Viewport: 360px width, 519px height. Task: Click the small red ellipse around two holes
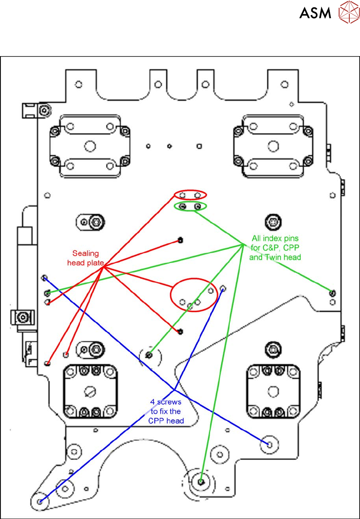point(190,195)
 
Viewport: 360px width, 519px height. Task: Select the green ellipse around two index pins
point(190,206)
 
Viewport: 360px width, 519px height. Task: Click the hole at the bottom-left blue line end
point(40,501)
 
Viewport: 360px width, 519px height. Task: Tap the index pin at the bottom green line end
point(201,482)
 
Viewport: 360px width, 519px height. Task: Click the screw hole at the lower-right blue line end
point(269,444)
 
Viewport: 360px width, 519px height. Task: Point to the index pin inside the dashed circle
point(149,355)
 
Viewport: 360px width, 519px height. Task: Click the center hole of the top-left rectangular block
point(89,145)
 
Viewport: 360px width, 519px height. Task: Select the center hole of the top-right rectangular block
point(272,145)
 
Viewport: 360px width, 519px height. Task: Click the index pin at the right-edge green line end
point(332,292)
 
